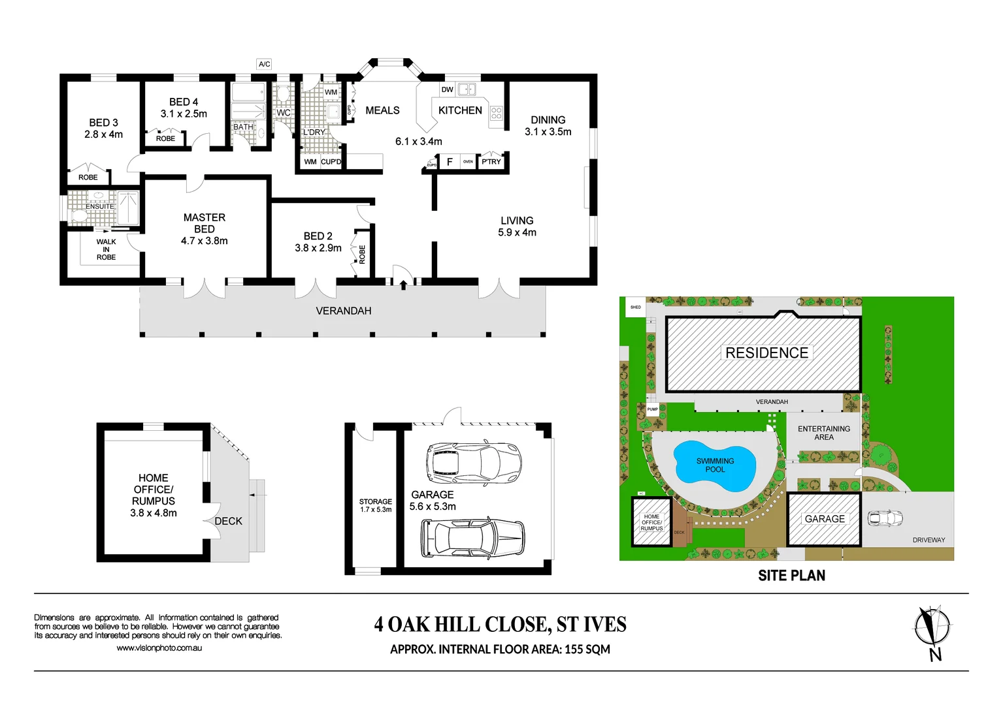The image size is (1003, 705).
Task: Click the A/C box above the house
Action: click(264, 64)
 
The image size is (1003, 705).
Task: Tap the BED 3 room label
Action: click(103, 123)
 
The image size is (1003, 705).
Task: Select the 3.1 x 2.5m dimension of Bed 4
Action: click(184, 114)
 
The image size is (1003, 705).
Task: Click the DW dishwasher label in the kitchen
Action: click(447, 89)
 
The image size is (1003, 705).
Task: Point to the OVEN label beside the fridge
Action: click(468, 161)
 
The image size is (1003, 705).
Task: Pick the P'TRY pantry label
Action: click(491, 162)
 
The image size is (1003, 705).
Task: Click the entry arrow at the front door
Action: click(403, 284)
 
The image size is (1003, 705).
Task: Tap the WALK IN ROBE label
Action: click(106, 249)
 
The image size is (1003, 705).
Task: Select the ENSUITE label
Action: click(99, 206)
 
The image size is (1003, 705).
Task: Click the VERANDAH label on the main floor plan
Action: click(343, 311)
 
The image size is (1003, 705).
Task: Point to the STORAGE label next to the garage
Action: click(375, 501)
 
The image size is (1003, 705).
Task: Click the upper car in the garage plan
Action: click(473, 462)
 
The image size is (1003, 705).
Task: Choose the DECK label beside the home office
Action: click(228, 521)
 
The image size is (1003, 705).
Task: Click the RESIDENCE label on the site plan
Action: click(766, 352)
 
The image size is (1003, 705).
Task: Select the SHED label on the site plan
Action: click(635, 307)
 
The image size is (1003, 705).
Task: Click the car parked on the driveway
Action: click(885, 518)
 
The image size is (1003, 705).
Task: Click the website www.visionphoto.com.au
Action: click(159, 648)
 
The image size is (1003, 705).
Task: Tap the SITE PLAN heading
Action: click(791, 576)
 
